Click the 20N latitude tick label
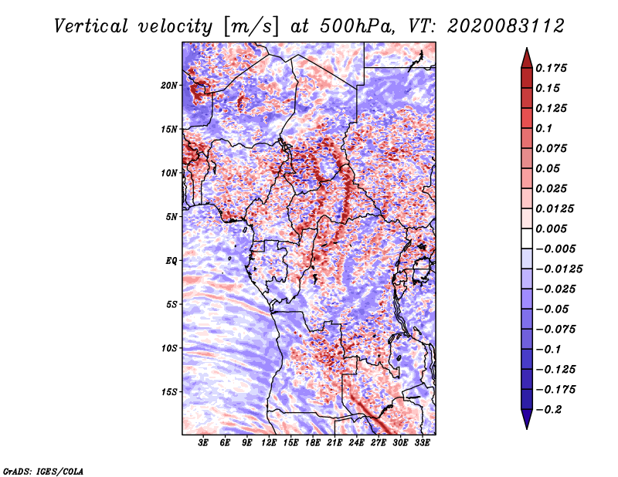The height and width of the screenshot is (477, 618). (170, 85)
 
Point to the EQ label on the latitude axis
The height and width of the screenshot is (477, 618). (171, 261)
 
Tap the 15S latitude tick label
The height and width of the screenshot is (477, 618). (170, 392)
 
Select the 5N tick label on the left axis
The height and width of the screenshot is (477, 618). (171, 217)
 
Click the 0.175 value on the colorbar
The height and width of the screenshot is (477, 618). (552, 68)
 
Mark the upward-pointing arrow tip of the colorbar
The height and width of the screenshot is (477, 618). (526, 51)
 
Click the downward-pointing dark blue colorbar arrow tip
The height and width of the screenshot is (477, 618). (526, 426)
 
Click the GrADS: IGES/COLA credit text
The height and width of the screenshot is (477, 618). (43, 470)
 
